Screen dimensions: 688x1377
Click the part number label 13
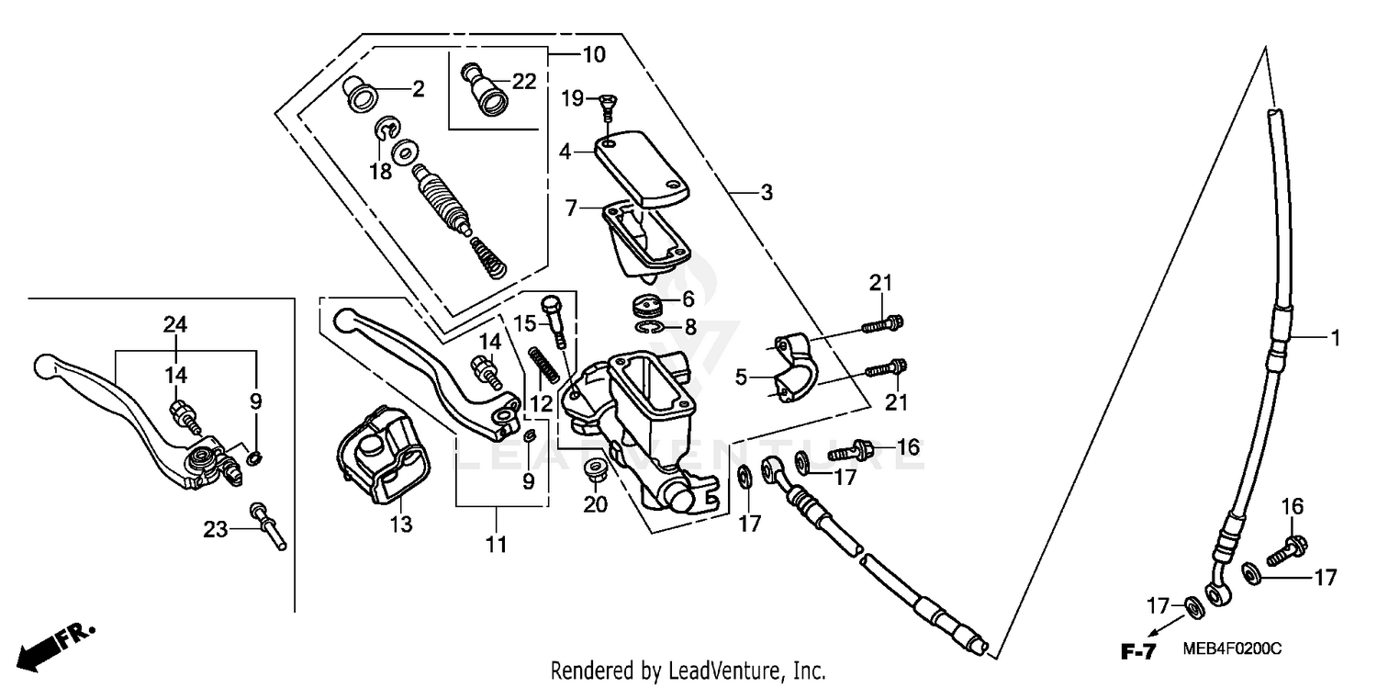click(400, 524)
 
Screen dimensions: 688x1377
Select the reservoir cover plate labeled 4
click(643, 169)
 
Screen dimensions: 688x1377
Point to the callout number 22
click(523, 82)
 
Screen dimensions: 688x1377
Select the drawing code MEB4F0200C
click(1230, 649)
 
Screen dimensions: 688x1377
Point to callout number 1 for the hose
click(1335, 339)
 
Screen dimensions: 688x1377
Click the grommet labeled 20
click(595, 468)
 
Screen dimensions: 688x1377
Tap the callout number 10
click(593, 55)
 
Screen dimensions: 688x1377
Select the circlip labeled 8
click(650, 328)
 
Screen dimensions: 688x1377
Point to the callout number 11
click(496, 545)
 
